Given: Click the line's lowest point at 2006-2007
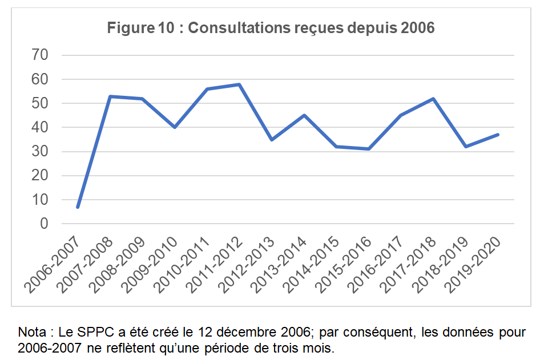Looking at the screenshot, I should click(x=78, y=207).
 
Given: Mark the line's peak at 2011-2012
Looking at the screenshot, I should click(x=239, y=84).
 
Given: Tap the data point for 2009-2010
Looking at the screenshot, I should click(x=175, y=127).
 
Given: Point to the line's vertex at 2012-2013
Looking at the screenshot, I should click(x=271, y=139).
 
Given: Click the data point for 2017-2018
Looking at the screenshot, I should click(x=433, y=99).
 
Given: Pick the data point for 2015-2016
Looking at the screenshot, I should click(x=368, y=149).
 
